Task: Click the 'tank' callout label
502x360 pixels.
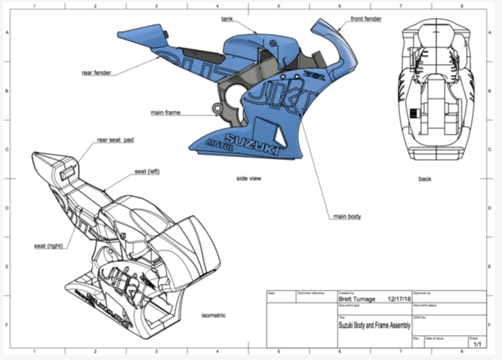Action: [x=227, y=19]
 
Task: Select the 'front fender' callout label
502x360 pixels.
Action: [x=366, y=19]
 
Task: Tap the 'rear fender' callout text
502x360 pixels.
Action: [x=96, y=73]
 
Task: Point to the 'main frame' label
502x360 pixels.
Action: [x=165, y=112]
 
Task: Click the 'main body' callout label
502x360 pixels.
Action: [x=347, y=216]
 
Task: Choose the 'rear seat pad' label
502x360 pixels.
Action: [x=115, y=140]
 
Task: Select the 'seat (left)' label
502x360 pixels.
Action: [x=147, y=171]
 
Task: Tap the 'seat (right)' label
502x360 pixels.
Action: [x=48, y=246]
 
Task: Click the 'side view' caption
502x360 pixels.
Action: [x=248, y=178]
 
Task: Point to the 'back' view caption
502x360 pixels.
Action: [x=424, y=179]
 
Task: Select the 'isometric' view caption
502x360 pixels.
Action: [x=214, y=316]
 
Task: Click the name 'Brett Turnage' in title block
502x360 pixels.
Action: [x=356, y=300]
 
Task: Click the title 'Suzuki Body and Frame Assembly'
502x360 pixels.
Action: [x=374, y=325]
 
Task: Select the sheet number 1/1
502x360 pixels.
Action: [x=477, y=343]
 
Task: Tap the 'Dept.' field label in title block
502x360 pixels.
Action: [x=272, y=294]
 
